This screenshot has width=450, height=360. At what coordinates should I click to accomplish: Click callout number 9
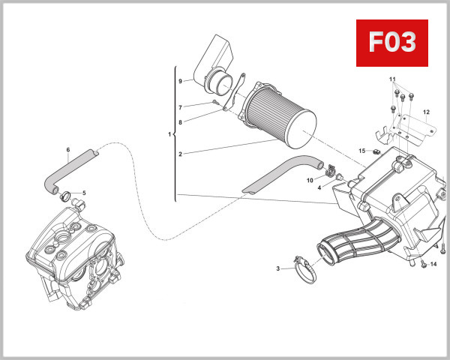click(x=180, y=81)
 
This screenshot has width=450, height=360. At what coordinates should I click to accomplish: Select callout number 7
click(x=180, y=107)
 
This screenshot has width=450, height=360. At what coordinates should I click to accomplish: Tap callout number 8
click(x=180, y=122)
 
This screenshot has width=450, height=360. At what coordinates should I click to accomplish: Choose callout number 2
click(x=180, y=154)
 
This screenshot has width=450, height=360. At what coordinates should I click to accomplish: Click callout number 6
click(x=67, y=150)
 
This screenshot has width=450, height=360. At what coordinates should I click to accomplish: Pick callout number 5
click(x=84, y=193)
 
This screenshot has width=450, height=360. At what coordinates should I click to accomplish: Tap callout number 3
click(x=278, y=268)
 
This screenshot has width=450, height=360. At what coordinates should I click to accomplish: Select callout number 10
click(x=309, y=180)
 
